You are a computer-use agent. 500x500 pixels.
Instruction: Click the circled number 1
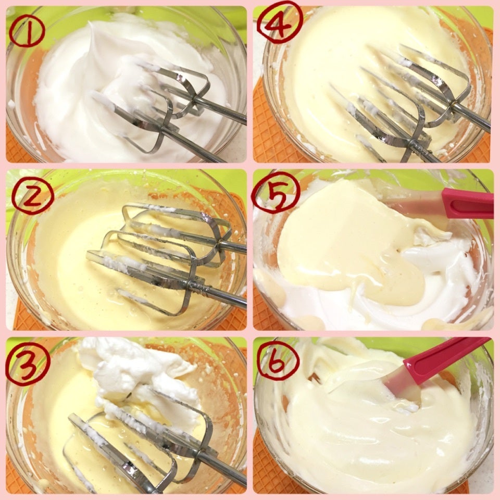27,31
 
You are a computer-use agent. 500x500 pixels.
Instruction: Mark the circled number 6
278,361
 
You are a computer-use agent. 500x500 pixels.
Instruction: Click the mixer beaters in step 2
166,255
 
